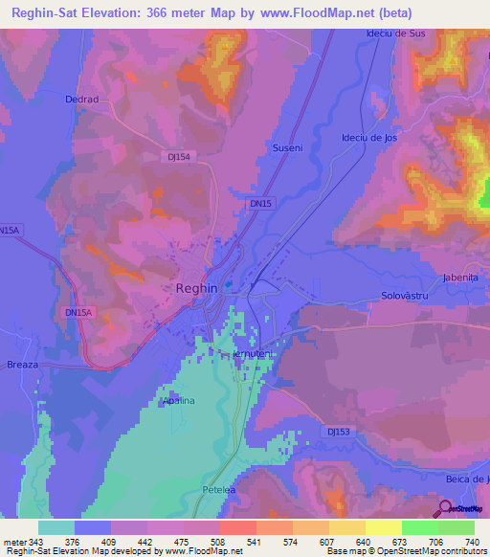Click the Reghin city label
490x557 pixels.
[196, 287]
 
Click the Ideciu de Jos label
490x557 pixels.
[368, 137]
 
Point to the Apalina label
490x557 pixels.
[177, 401]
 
